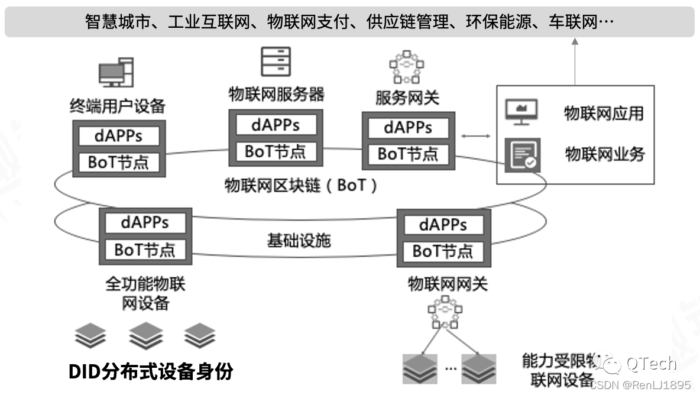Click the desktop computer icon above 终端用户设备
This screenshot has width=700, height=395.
coord(116,73)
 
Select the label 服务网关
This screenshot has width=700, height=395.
coord(407,98)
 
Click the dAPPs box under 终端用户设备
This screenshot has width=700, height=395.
coord(118,135)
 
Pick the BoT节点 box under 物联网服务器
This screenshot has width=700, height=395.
coord(276,151)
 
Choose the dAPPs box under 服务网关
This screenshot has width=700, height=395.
coord(408,128)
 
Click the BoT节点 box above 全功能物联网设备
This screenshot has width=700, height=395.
coord(145,250)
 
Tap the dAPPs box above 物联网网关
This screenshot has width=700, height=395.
coord(443,225)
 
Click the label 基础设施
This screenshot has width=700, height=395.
coord(299,241)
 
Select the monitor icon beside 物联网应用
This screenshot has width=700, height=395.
coord(521,112)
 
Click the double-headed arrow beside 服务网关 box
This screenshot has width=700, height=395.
coord(476,137)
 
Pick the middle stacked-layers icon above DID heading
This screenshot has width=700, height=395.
coord(146,336)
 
